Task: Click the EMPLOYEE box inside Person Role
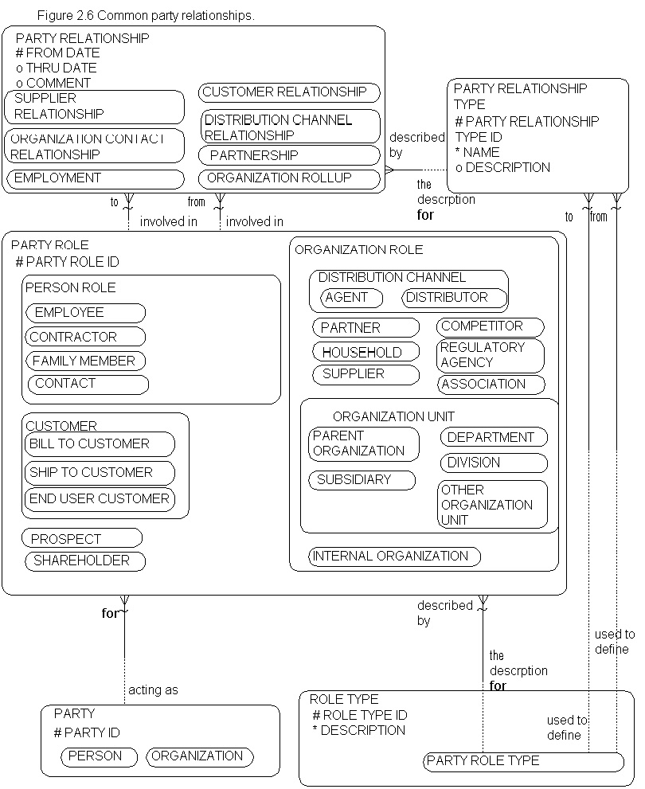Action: [x=85, y=313]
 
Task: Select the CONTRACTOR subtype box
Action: [x=85, y=337]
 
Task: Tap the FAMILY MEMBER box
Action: [x=85, y=361]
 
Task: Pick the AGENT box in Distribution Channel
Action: [x=351, y=298]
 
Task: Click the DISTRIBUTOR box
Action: [x=455, y=298]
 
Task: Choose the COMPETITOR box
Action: [x=490, y=326]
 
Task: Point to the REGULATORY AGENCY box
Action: [x=491, y=355]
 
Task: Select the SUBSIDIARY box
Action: [x=362, y=480]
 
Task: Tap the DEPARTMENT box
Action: [x=494, y=437]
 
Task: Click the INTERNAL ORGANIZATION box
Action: [x=394, y=556]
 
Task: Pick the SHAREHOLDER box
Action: [x=85, y=561]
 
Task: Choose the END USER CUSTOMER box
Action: [x=100, y=499]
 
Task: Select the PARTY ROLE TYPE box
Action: [x=522, y=761]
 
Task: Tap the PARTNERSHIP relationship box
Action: [x=289, y=155]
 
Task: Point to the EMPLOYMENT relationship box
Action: [x=95, y=178]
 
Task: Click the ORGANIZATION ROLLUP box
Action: [x=289, y=178]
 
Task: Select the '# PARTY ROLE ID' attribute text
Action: [x=67, y=262]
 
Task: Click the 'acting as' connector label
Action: [x=153, y=689]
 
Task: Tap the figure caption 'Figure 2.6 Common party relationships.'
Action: [x=146, y=16]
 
